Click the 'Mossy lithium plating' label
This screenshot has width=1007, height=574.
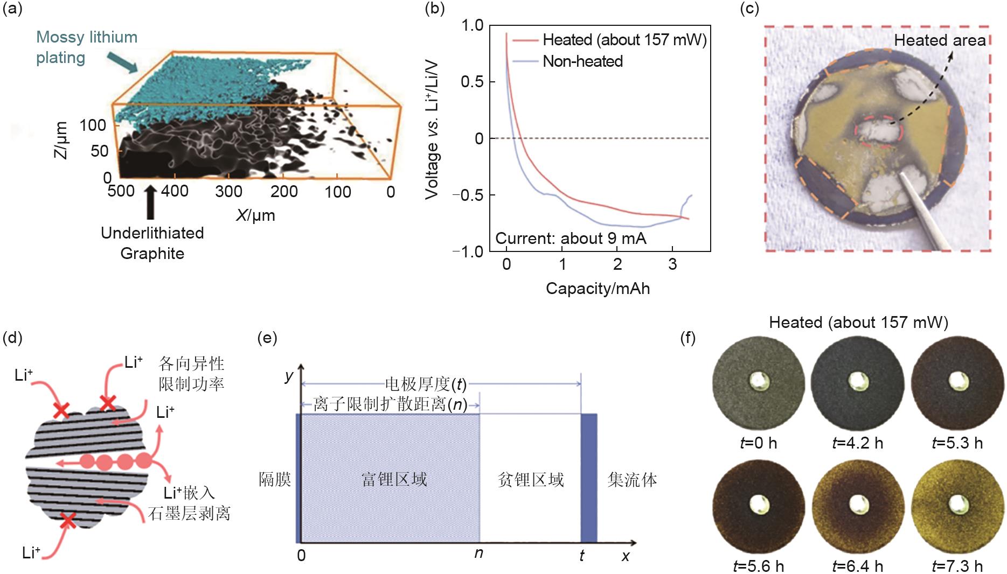click(86, 47)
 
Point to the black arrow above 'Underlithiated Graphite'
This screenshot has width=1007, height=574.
click(151, 202)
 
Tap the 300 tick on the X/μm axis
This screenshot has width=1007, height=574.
click(228, 191)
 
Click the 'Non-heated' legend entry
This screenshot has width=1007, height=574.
click(582, 61)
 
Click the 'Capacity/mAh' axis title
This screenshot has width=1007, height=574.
click(598, 289)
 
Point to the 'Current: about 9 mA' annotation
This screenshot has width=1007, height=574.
click(571, 239)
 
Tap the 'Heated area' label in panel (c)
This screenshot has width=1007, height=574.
click(940, 40)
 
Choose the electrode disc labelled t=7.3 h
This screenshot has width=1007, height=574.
click(957, 507)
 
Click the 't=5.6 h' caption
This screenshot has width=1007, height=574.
click(758, 566)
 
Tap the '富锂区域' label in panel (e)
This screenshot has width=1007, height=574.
click(394, 479)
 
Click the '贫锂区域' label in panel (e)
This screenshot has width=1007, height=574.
click(531, 479)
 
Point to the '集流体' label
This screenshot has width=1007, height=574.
click(632, 479)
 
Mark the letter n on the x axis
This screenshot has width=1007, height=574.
click(478, 554)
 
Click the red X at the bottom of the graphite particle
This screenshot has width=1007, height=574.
click(67, 521)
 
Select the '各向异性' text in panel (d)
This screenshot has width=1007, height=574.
click(191, 363)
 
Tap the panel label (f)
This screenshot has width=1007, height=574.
click(688, 338)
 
